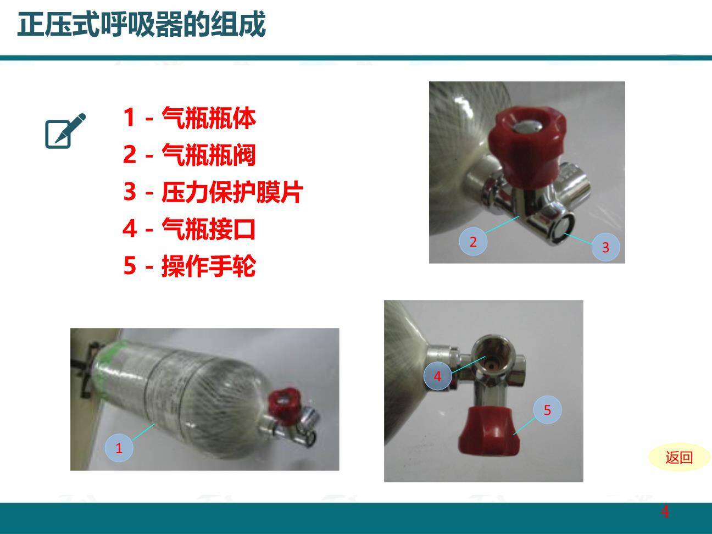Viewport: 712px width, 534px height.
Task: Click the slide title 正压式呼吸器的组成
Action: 141,25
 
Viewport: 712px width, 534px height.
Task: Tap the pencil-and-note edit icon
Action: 65,131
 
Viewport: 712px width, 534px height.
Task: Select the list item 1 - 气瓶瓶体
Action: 190,118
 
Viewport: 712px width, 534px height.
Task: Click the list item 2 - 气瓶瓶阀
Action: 190,154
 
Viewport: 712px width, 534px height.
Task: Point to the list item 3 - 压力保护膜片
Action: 213,192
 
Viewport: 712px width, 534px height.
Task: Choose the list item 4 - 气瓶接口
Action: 190,229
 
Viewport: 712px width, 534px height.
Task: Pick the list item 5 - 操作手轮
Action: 190,266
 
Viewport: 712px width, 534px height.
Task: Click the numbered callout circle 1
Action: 119,448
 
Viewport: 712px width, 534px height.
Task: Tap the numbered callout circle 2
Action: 473,241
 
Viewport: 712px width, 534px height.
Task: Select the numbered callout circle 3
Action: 605,247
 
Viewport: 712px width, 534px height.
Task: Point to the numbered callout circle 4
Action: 437,376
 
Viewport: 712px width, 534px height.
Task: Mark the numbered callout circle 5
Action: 547,409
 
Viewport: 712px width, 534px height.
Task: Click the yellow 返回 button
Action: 679,457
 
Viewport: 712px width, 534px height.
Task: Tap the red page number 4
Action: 665,512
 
